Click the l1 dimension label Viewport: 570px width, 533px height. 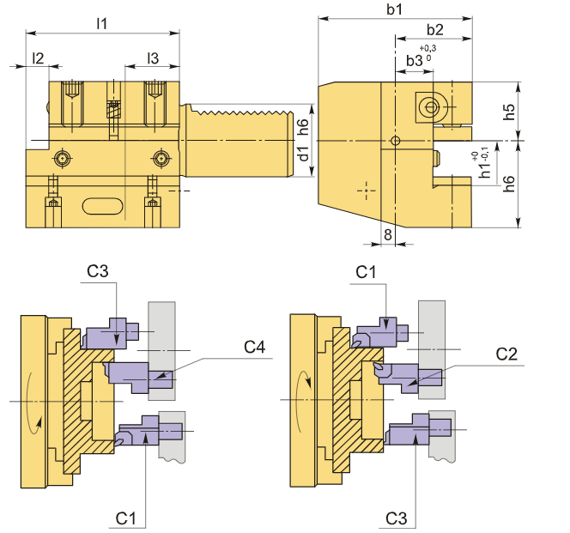point(101,23)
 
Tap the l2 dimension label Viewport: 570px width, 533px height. point(38,58)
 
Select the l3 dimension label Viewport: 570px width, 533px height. point(153,58)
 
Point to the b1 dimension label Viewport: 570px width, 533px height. point(395,10)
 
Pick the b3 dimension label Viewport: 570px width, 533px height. point(415,61)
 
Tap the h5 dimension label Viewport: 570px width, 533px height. point(509,112)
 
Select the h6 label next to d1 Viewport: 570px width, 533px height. point(302,127)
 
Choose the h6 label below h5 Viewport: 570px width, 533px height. point(509,183)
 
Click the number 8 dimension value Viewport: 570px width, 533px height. point(388,233)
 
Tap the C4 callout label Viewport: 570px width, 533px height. point(255,347)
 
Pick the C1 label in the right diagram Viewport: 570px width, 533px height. point(367,272)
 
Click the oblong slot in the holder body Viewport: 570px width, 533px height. point(102,205)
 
